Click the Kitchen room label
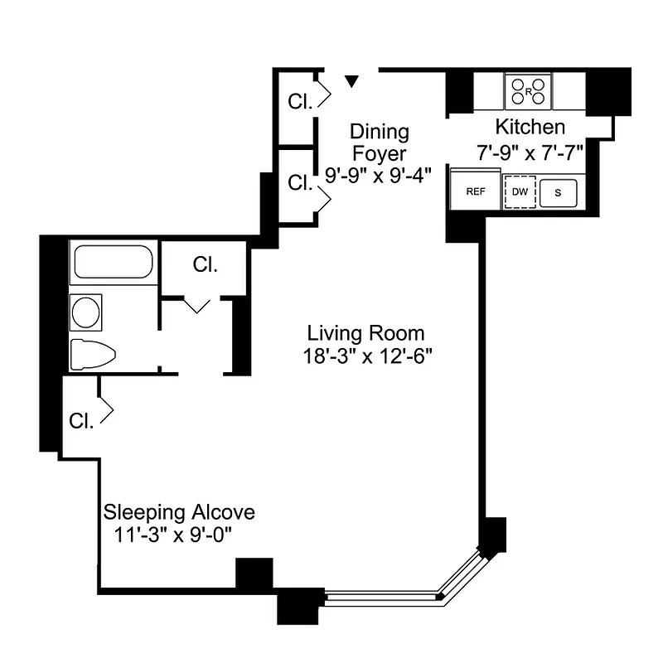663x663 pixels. tap(530, 128)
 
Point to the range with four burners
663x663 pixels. tap(529, 90)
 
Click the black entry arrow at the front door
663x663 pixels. tap(352, 80)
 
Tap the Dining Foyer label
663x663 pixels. tap(379, 143)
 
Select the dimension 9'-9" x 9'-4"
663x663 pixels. tap(379, 176)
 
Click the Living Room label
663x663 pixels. tap(365, 333)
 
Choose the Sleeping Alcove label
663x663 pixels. tap(178, 511)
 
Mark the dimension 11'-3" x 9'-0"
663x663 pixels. tap(172, 535)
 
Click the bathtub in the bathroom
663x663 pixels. tap(112, 262)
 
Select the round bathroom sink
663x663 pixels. tap(85, 312)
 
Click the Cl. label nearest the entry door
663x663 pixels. tap(300, 101)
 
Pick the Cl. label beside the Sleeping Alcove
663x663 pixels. tap(80, 420)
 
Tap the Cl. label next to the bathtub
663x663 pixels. tap(205, 265)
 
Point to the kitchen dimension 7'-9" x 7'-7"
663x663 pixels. tap(530, 152)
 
